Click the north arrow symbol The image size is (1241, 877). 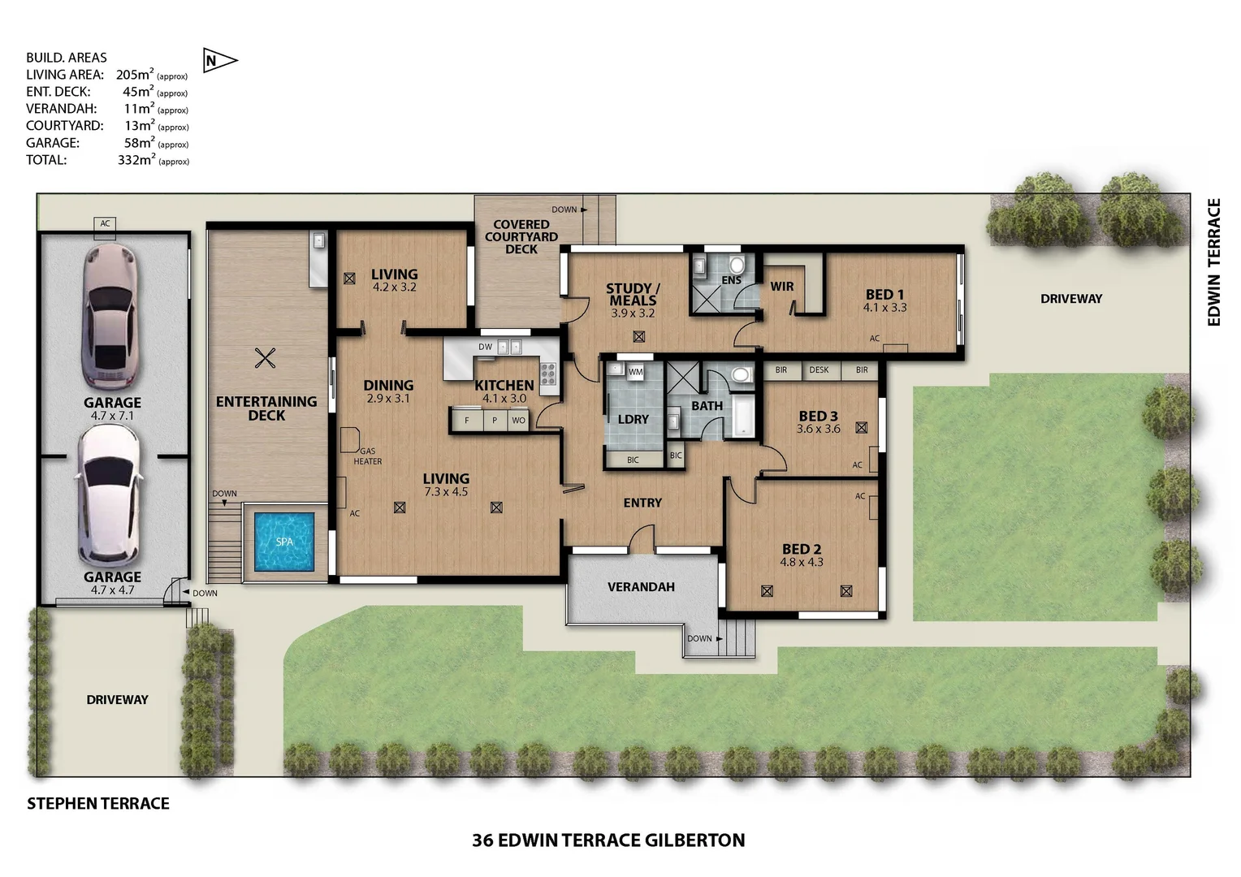[x=218, y=61]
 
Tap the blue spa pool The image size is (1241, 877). [x=283, y=541]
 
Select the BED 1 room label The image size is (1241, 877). [x=884, y=295]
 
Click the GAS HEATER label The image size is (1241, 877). [x=367, y=456]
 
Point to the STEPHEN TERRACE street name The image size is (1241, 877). [x=98, y=803]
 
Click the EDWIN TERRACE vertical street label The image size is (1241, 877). [x=1213, y=262]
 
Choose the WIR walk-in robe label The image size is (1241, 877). [x=781, y=287]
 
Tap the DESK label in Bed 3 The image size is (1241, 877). [x=819, y=370]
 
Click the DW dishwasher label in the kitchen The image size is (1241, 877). [x=485, y=348]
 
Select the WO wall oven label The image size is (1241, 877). [x=518, y=421]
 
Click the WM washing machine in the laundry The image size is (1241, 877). [x=635, y=372]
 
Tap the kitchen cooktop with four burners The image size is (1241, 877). [x=549, y=374]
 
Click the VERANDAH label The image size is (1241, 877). [x=641, y=586]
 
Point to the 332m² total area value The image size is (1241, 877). [x=136, y=160]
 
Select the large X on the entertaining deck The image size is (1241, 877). [x=265, y=357]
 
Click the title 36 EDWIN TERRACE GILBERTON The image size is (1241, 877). [x=608, y=840]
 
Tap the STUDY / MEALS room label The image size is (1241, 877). [x=633, y=294]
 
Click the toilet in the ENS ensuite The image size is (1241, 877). [x=737, y=265]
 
